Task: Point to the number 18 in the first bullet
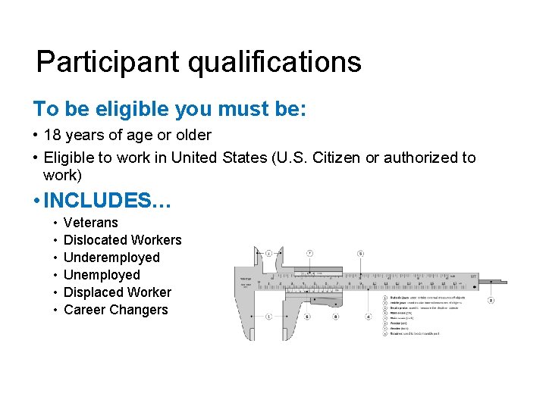(53, 135)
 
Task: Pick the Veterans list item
(91, 223)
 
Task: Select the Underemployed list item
(111, 258)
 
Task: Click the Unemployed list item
(102, 275)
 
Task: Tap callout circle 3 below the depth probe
(491, 301)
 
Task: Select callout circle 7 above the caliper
(309, 253)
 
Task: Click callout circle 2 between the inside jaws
(269, 253)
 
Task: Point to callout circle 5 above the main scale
(360, 253)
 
